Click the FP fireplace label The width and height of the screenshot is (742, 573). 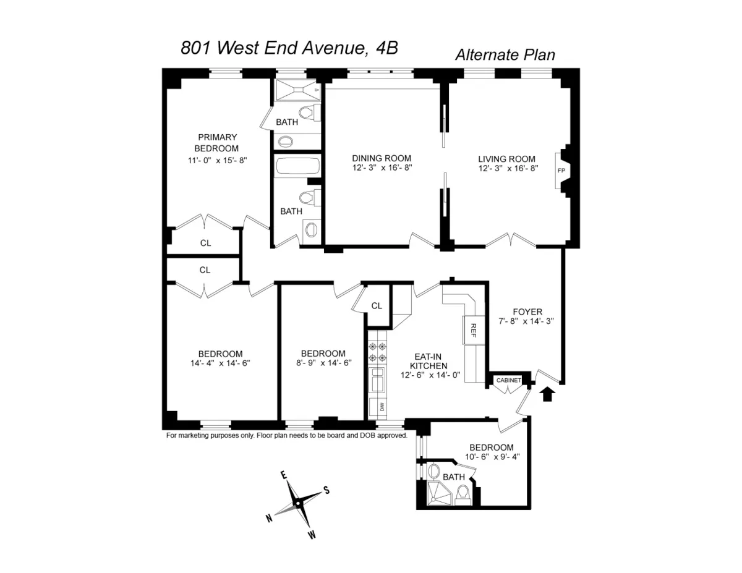click(561, 170)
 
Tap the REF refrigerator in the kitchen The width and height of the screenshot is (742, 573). click(472, 329)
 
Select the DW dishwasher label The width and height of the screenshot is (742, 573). click(382, 407)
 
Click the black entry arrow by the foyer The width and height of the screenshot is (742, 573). click(547, 394)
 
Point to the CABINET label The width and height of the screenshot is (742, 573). click(509, 380)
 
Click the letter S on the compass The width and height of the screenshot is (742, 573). click(326, 490)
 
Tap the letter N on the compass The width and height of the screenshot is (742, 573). click(270, 519)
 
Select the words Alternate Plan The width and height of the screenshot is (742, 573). click(505, 54)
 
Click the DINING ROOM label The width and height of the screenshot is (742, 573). click(382, 158)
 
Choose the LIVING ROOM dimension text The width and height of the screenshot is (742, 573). click(506, 168)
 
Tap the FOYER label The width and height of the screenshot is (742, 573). click(527, 312)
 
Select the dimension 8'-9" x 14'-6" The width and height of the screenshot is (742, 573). click(323, 363)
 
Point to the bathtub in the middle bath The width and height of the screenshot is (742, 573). click(297, 167)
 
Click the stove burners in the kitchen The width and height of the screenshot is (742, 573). click(377, 352)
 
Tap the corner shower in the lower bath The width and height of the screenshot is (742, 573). click(440, 493)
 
